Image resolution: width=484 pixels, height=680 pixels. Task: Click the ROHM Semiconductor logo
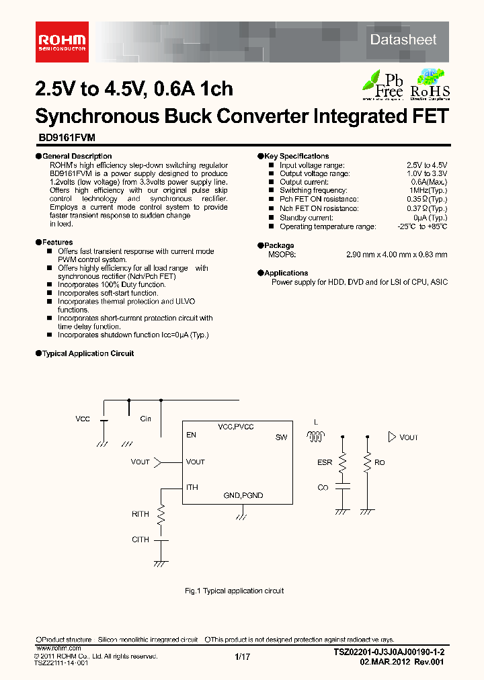point(61,41)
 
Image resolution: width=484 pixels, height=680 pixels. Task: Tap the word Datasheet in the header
point(403,40)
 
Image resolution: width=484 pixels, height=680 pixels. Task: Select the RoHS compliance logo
point(430,84)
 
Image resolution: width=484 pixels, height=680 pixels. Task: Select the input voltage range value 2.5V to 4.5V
point(427,165)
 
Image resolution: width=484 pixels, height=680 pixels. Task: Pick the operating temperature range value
point(421,226)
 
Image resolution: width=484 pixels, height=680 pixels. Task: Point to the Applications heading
point(286,273)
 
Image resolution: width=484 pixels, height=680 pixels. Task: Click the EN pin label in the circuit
point(192,435)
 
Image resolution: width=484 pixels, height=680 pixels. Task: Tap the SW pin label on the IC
point(281,437)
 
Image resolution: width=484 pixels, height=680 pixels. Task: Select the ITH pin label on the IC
point(192,487)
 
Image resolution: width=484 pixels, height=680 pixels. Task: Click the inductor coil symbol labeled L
point(315,437)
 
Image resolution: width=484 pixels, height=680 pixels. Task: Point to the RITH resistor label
point(140,514)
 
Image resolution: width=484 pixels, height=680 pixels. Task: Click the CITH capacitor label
point(140,539)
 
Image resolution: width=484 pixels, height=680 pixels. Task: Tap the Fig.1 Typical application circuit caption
point(234,591)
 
